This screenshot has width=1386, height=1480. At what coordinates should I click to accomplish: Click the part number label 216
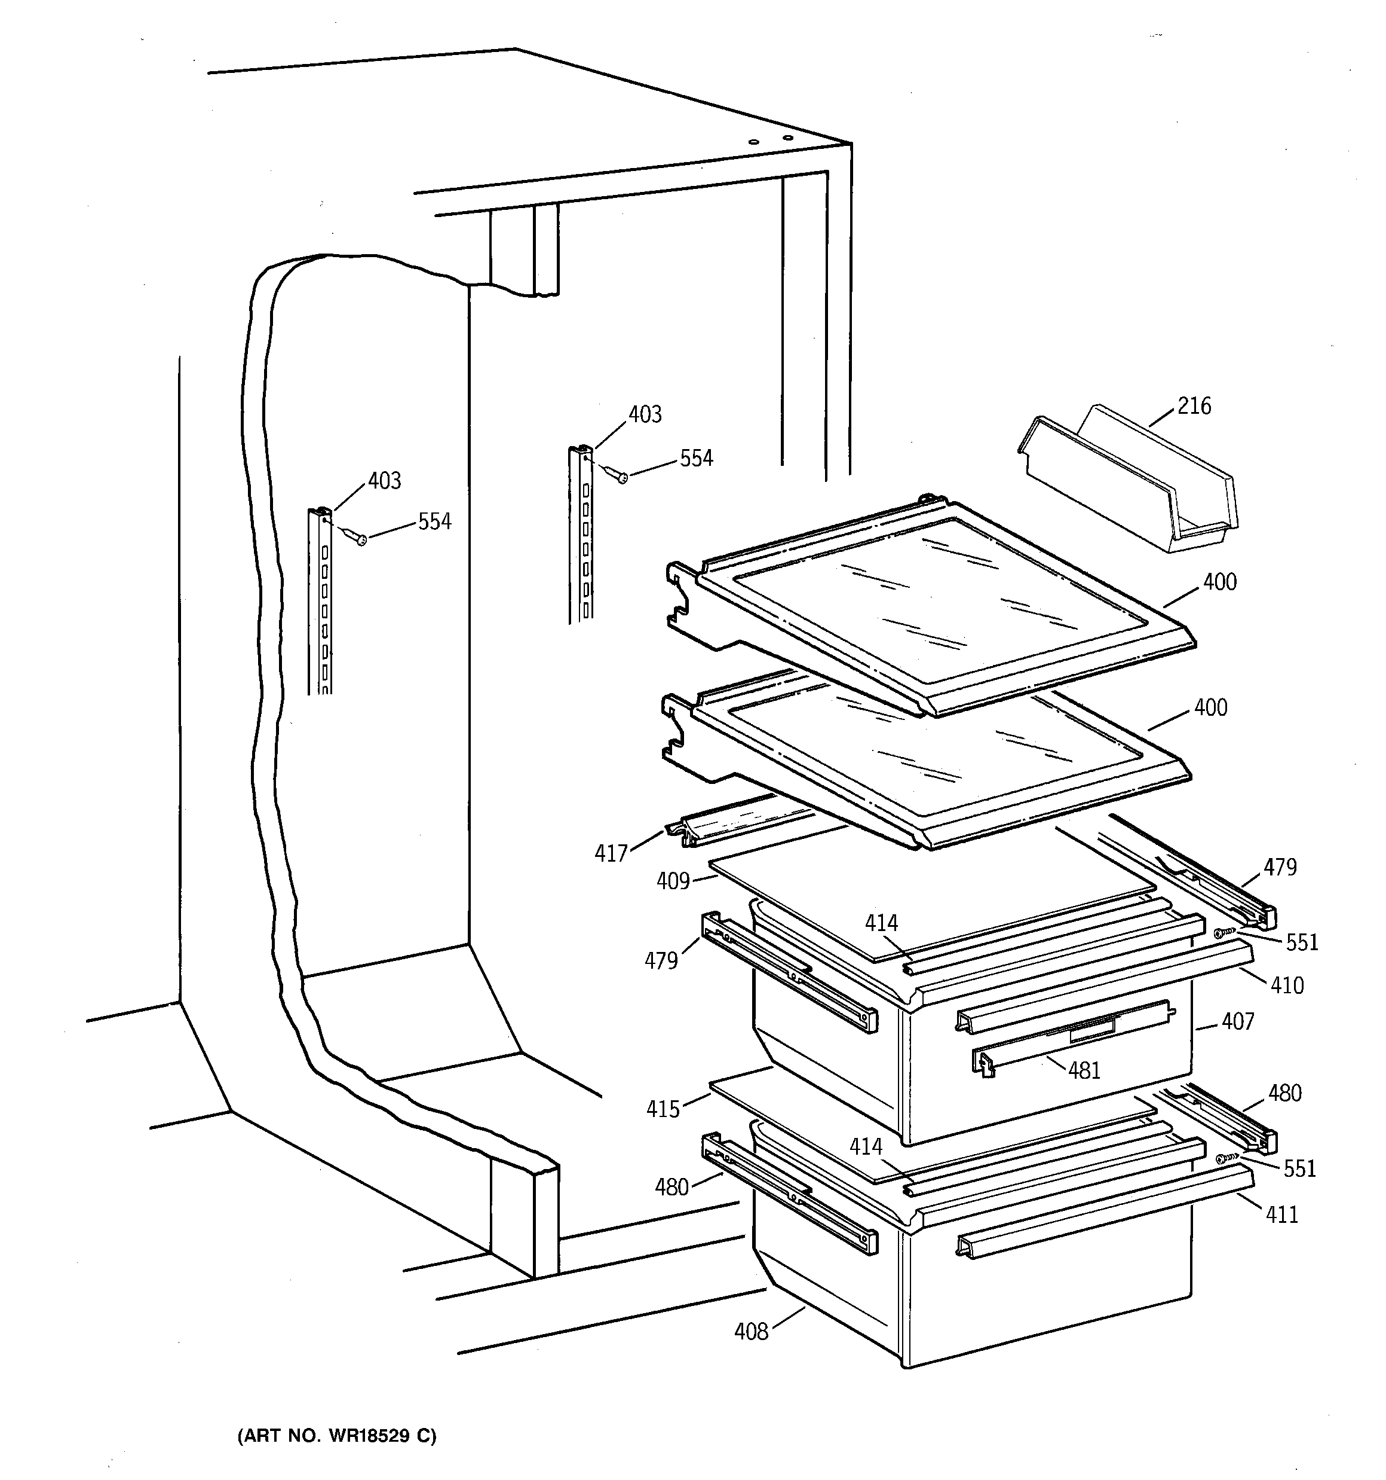[1194, 406]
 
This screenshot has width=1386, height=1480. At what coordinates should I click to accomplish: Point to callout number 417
[611, 853]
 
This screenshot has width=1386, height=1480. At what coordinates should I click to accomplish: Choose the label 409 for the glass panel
[673, 881]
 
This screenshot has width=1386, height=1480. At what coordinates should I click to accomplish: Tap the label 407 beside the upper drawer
[1237, 1021]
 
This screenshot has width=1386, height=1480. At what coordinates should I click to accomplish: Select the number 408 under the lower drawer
[751, 1332]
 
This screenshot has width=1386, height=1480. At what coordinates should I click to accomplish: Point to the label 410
[1287, 985]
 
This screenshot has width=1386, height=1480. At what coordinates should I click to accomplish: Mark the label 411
[1282, 1215]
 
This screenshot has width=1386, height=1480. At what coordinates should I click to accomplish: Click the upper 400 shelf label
[1219, 582]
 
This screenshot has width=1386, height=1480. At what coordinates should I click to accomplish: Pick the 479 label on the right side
[1280, 867]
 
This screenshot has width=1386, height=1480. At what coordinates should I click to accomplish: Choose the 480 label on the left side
[671, 1186]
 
